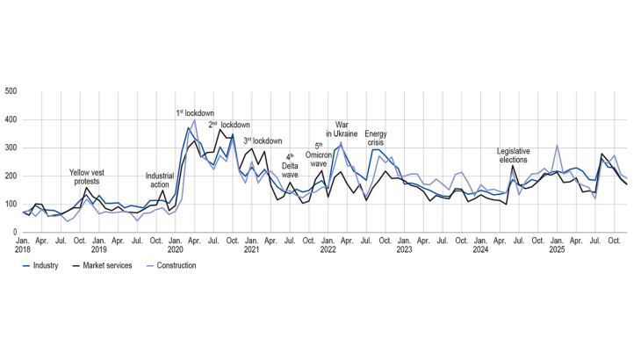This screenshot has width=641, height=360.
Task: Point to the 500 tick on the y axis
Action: pos(11,91)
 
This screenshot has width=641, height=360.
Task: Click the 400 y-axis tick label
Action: pos(11,119)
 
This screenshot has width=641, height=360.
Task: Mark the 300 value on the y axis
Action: pos(11,148)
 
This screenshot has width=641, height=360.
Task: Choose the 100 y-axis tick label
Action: pos(11,204)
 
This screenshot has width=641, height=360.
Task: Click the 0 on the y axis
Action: pos(15,232)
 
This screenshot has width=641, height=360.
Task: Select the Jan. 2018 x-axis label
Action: pos(24,244)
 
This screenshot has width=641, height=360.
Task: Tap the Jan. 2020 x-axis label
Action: pos(176,244)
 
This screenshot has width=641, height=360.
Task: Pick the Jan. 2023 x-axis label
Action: pos(404,244)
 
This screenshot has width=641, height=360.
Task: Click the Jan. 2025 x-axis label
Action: pos(557,244)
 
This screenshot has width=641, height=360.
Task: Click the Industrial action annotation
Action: pos(160,181)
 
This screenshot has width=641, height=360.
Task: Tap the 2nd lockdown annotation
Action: pos(229,125)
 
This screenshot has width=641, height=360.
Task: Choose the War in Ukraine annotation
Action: pos(347,129)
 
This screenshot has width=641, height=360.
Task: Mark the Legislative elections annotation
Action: pos(513,155)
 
